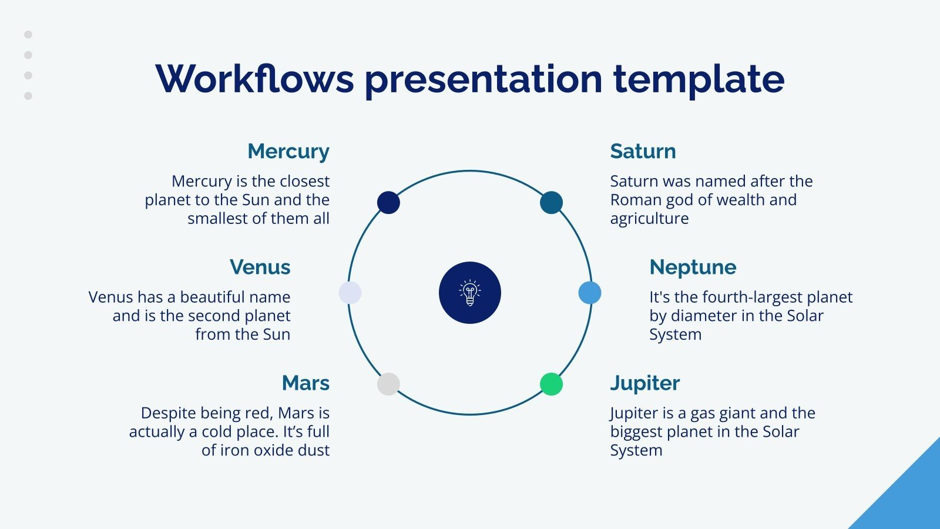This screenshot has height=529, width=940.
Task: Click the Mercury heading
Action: point(288,152)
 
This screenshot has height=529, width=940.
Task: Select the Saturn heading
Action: point(643,152)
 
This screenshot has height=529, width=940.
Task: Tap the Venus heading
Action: point(260,267)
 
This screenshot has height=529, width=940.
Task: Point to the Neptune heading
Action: point(693,267)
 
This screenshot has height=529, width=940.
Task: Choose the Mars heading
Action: point(305,383)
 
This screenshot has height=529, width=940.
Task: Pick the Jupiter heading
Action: point(644,383)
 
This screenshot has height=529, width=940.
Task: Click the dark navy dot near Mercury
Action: point(388,202)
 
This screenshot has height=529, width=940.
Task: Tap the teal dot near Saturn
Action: point(551,202)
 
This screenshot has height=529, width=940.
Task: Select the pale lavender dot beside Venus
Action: point(350,293)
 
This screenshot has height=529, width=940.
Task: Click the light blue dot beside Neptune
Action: point(590,293)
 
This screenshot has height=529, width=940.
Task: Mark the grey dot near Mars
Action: point(388,384)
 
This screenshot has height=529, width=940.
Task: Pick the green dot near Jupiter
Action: point(551,384)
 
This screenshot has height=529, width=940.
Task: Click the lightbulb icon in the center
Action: point(470,293)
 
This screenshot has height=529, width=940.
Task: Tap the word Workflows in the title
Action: point(254,79)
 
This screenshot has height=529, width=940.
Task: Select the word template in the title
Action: point(699,79)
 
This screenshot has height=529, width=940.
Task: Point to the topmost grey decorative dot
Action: point(28,35)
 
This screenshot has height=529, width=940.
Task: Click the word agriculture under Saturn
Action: point(649,219)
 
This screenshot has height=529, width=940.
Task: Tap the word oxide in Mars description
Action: point(274,450)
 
